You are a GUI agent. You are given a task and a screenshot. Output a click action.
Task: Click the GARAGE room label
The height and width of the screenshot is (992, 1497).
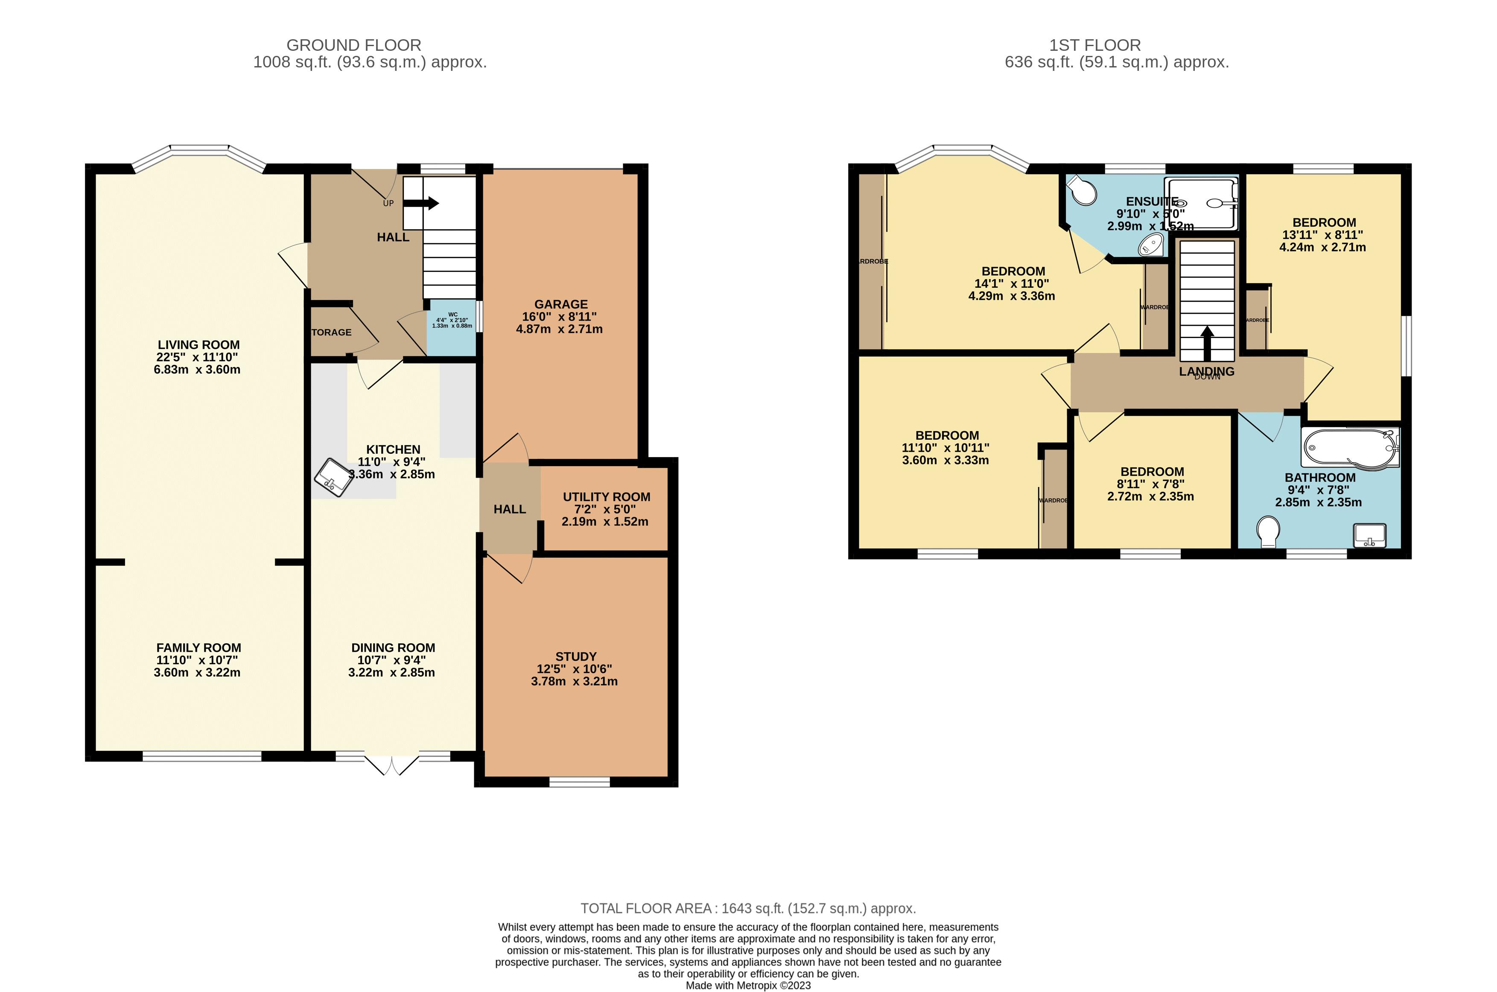coord(560,304)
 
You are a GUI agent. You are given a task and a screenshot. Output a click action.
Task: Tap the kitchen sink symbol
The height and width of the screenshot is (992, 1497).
coord(334,478)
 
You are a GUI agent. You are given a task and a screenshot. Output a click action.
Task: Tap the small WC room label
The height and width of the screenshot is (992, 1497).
coord(452,315)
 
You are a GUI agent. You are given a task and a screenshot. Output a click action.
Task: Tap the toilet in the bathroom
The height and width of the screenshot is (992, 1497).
coord(1268,531)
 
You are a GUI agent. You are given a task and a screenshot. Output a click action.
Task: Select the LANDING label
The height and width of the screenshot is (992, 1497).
coord(1207,371)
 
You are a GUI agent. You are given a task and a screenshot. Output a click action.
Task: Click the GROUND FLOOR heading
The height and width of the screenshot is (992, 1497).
coord(354,46)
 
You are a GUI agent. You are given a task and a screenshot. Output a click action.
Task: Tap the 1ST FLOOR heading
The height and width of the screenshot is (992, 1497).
coord(1094,46)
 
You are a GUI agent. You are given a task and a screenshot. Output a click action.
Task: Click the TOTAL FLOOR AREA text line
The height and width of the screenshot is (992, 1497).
coord(748,908)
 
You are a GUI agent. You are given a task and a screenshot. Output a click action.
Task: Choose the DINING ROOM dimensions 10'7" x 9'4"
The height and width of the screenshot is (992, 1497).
coord(392,660)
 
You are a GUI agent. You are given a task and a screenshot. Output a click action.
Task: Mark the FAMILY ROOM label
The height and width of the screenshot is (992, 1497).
coord(198,648)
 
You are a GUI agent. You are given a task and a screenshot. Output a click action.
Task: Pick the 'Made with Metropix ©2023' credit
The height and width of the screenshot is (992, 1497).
coord(748,986)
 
